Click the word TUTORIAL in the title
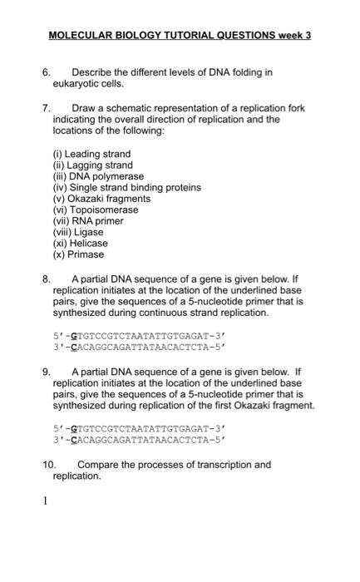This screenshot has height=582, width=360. click(x=189, y=36)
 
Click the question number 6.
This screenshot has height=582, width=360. click(x=47, y=72)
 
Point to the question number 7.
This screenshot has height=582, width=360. click(x=47, y=108)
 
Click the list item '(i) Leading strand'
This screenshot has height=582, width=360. click(x=91, y=154)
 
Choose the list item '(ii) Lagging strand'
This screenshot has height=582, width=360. click(x=93, y=165)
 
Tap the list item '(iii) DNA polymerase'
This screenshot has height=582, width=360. click(x=98, y=176)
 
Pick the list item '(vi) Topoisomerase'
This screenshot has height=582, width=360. click(x=95, y=210)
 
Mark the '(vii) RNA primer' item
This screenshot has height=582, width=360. click(x=88, y=221)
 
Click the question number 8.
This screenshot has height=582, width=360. click(x=47, y=279)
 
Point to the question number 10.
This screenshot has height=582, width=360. click(x=49, y=465)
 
